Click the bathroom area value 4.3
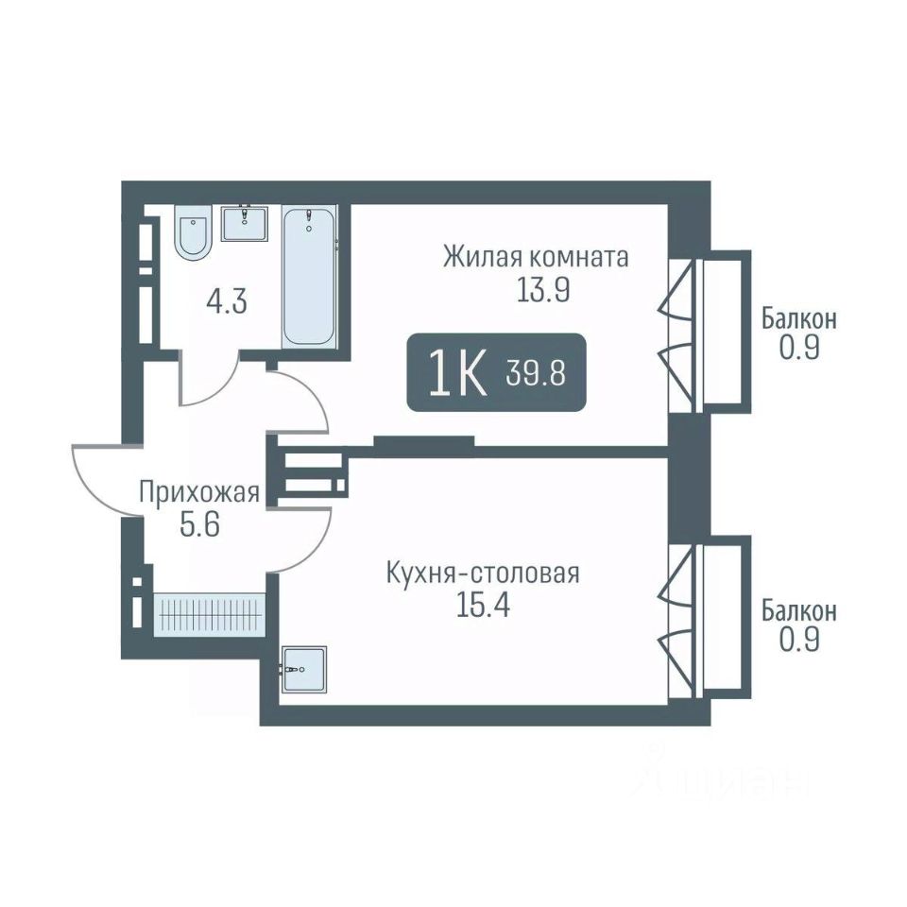pos(227,302)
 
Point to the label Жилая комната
pos(536,257)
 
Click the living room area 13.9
pos(543,290)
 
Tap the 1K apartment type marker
pos(457,374)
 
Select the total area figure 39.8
pos(537,372)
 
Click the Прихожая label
pos(199,494)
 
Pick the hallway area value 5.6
pos(200,526)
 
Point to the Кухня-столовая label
pos(483,574)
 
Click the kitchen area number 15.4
pos(483,607)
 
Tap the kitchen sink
pos(303,669)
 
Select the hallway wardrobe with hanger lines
pos(210,615)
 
